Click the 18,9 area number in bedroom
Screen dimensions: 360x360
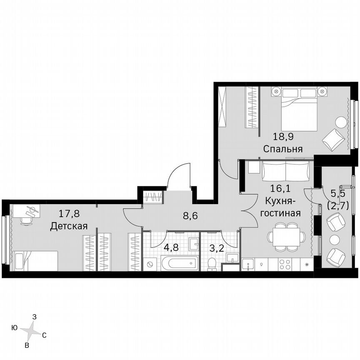tap(282, 135)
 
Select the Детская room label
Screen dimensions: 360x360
tap(68, 226)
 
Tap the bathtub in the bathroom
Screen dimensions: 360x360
tap(178, 264)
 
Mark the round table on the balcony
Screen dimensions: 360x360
tap(335, 239)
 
